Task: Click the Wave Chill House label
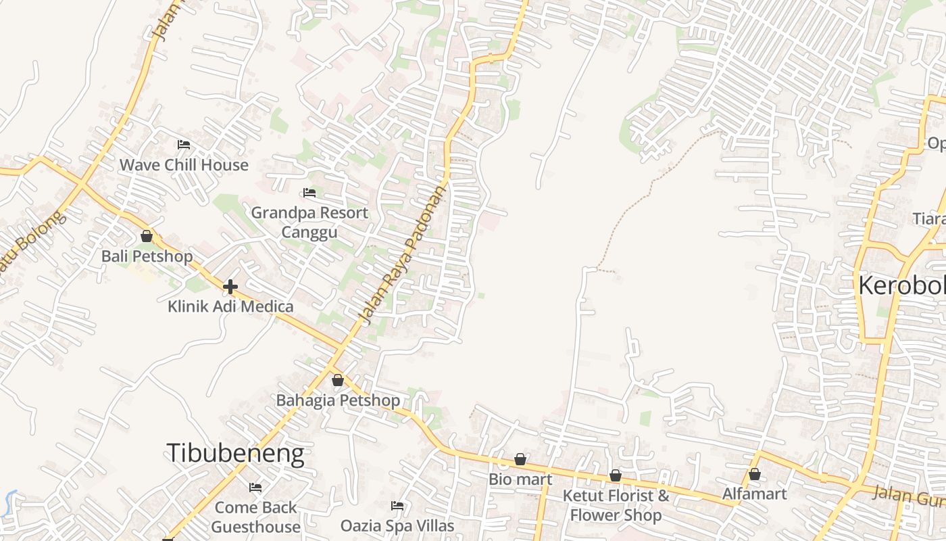pos(184,165)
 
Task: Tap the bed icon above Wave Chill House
pos(183,145)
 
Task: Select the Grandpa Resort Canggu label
pos(309,222)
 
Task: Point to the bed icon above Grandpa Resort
pos(309,193)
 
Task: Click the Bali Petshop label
pos(147,257)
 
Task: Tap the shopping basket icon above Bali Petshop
pos(147,236)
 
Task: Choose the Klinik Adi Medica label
pos(230,306)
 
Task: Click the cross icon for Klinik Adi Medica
pos(230,287)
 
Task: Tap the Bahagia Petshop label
pos(338,400)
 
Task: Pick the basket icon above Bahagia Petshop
pos(338,380)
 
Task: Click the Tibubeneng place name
pos(235,453)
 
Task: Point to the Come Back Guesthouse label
pos(255,517)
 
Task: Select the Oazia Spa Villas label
pos(397,525)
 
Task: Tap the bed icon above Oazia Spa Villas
pos(397,506)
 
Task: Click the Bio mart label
pos(520,479)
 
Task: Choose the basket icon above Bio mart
pos(520,460)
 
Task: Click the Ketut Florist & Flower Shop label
pos(616,505)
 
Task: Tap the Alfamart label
pos(755,494)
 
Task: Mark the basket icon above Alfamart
pos(755,474)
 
